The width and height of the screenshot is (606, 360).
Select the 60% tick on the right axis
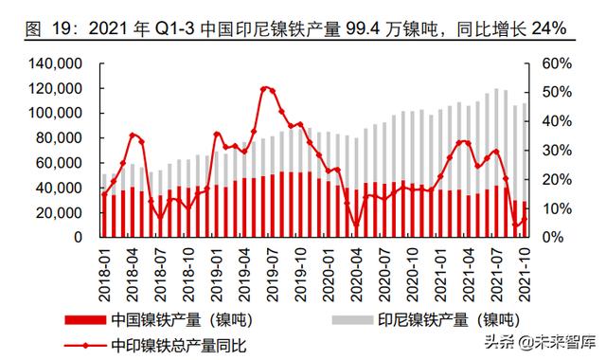pyautogui.click(x=554, y=63)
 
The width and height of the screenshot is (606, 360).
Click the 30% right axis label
pyautogui.click(x=554, y=150)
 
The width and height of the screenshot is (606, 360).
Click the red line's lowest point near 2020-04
pyautogui.click(x=356, y=229)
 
